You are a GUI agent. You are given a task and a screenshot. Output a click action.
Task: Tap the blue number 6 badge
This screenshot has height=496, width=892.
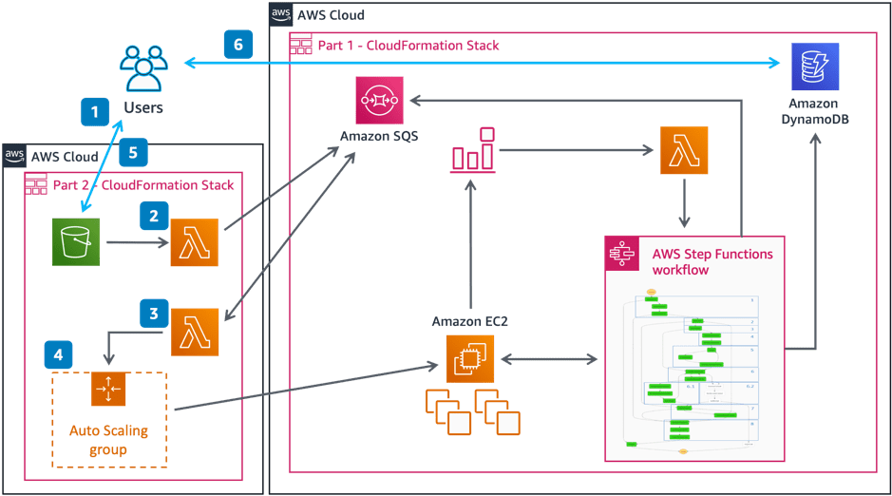[238, 45]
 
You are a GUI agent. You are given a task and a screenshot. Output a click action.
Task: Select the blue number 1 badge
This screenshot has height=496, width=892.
[94, 112]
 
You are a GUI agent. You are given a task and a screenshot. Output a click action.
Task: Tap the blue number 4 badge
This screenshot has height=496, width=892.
[58, 355]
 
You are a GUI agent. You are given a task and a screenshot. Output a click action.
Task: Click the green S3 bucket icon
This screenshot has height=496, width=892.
[76, 241]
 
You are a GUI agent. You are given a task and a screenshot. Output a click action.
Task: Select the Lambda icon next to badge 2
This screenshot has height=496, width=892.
[195, 242]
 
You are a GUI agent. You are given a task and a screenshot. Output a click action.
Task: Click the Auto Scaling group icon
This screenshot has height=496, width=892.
[108, 390]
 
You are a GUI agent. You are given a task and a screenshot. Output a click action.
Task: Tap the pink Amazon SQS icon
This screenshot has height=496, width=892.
[379, 100]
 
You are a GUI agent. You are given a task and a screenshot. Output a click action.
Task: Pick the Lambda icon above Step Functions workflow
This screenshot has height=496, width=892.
[684, 151]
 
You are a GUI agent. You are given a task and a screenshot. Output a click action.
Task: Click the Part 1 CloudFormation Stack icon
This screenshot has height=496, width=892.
[301, 46]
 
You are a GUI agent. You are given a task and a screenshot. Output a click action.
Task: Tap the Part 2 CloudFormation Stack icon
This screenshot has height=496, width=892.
[36, 185]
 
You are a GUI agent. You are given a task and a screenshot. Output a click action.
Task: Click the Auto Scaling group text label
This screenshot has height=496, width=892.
[109, 440]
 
